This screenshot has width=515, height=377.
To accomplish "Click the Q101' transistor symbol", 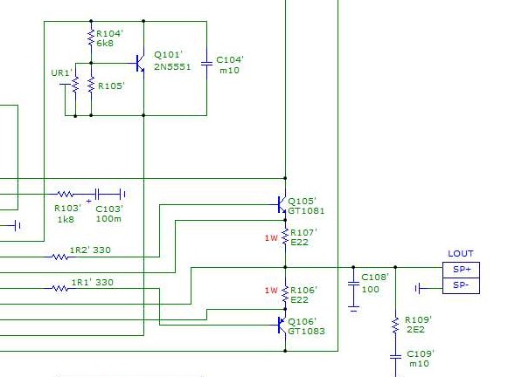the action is click(x=141, y=64).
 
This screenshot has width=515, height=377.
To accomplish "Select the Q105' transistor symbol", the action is click(x=282, y=204).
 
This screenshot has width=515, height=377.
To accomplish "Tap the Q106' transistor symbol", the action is click(x=282, y=325).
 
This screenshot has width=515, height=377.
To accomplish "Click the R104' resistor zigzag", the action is click(x=91, y=38).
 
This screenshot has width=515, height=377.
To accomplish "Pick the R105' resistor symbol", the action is click(x=91, y=86).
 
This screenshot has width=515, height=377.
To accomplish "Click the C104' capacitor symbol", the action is click(x=206, y=64).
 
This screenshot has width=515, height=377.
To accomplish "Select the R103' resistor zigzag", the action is click(x=65, y=194).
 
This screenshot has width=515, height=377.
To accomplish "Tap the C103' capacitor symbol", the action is click(x=97, y=194).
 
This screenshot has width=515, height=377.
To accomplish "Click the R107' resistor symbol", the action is click(x=285, y=237).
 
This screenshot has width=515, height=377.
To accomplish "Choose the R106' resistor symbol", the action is click(x=285, y=294).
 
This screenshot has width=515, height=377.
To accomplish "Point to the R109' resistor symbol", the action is click(x=395, y=326).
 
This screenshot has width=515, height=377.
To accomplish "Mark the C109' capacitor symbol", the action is click(x=395, y=357).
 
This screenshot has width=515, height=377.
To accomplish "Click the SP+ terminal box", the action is click(x=461, y=271).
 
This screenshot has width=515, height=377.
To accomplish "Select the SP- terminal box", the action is click(x=461, y=286).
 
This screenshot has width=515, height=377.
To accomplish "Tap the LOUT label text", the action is click(x=461, y=253).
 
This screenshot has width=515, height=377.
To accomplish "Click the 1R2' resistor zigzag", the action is click(x=59, y=257).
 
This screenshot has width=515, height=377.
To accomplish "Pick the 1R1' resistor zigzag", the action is click(x=59, y=289).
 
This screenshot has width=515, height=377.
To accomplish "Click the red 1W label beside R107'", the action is click(x=271, y=238).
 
